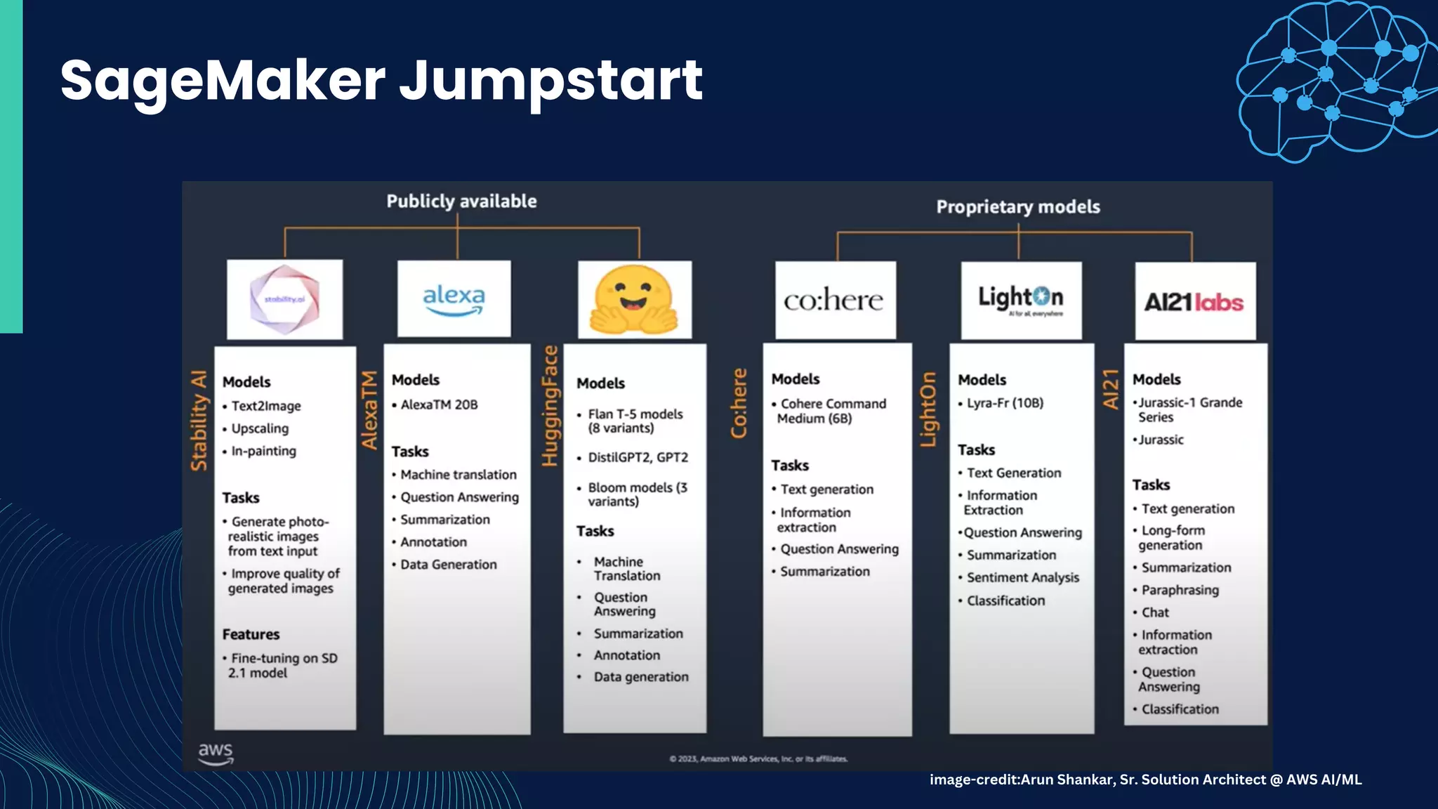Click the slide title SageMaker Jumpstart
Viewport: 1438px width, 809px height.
381,80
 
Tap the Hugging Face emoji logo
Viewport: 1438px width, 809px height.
634,300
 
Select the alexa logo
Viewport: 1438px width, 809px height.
454,299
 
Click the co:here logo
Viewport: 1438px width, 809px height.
834,301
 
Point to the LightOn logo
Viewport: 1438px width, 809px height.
1021,301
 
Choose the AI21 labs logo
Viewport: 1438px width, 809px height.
1194,302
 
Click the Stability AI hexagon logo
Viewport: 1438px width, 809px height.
284,300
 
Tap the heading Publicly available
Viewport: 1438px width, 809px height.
461,202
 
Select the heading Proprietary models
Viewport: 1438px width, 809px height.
1018,207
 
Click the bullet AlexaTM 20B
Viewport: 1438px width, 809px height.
439,405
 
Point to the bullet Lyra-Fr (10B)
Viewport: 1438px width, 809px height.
1005,403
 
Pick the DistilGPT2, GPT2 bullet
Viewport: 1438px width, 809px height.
638,457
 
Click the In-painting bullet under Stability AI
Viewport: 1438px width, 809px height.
263,451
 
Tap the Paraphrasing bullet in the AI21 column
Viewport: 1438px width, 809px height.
1180,590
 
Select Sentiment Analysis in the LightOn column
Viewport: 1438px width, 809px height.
1022,577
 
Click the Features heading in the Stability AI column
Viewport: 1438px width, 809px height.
251,634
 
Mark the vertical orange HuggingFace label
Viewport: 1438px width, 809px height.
549,406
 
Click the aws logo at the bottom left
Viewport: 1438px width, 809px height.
216,754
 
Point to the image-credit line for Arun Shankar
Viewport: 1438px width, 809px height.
1145,780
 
